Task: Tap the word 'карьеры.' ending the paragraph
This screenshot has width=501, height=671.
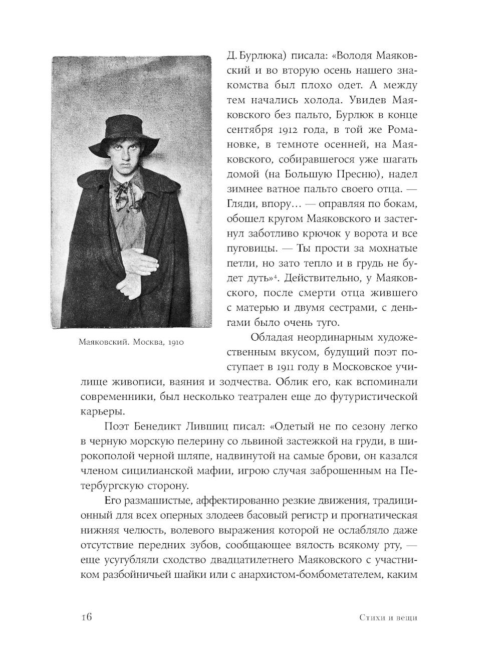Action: tap(100, 411)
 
